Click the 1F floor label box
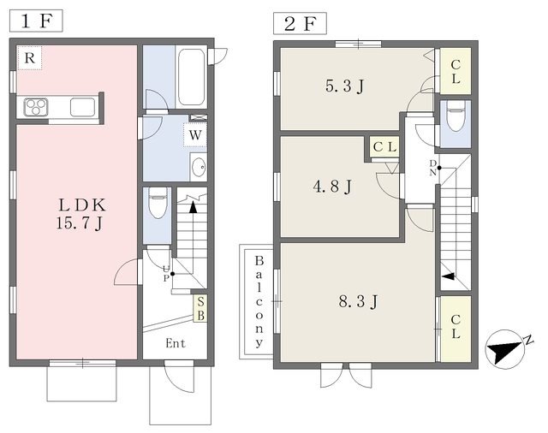pyautogui.click(x=36, y=21)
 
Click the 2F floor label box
pyautogui.click(x=300, y=23)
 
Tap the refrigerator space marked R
pyautogui.click(x=30, y=58)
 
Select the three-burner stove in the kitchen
pyautogui.click(x=36, y=107)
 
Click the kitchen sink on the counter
pyautogui.click(x=82, y=107)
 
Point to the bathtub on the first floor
pyautogui.click(x=191, y=77)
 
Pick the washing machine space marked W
pyautogui.click(x=195, y=135)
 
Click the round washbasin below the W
pyautogui.click(x=200, y=167)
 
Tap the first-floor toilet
pyautogui.click(x=158, y=203)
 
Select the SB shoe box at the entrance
pyautogui.click(x=200, y=309)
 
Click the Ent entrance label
pyautogui.click(x=176, y=343)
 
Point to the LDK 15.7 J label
pyautogui.click(x=82, y=214)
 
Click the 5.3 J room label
pyautogui.click(x=344, y=86)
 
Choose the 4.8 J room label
pyautogui.click(x=332, y=187)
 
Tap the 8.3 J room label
pyautogui.click(x=358, y=301)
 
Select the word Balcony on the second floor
pyautogui.click(x=259, y=301)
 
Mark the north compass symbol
pyautogui.click(x=505, y=349)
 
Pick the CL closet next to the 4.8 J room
pyautogui.click(x=384, y=147)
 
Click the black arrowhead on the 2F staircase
pyautogui.click(x=449, y=276)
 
